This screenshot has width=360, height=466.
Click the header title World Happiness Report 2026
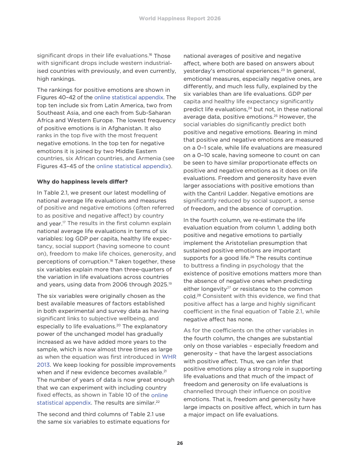(180, 19)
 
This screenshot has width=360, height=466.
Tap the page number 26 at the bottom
(180, 443)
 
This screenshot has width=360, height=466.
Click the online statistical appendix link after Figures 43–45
(133, 166)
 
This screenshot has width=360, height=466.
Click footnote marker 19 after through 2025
(169, 283)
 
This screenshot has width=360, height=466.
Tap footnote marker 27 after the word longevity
(229, 288)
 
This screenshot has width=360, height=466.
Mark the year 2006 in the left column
(122, 285)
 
